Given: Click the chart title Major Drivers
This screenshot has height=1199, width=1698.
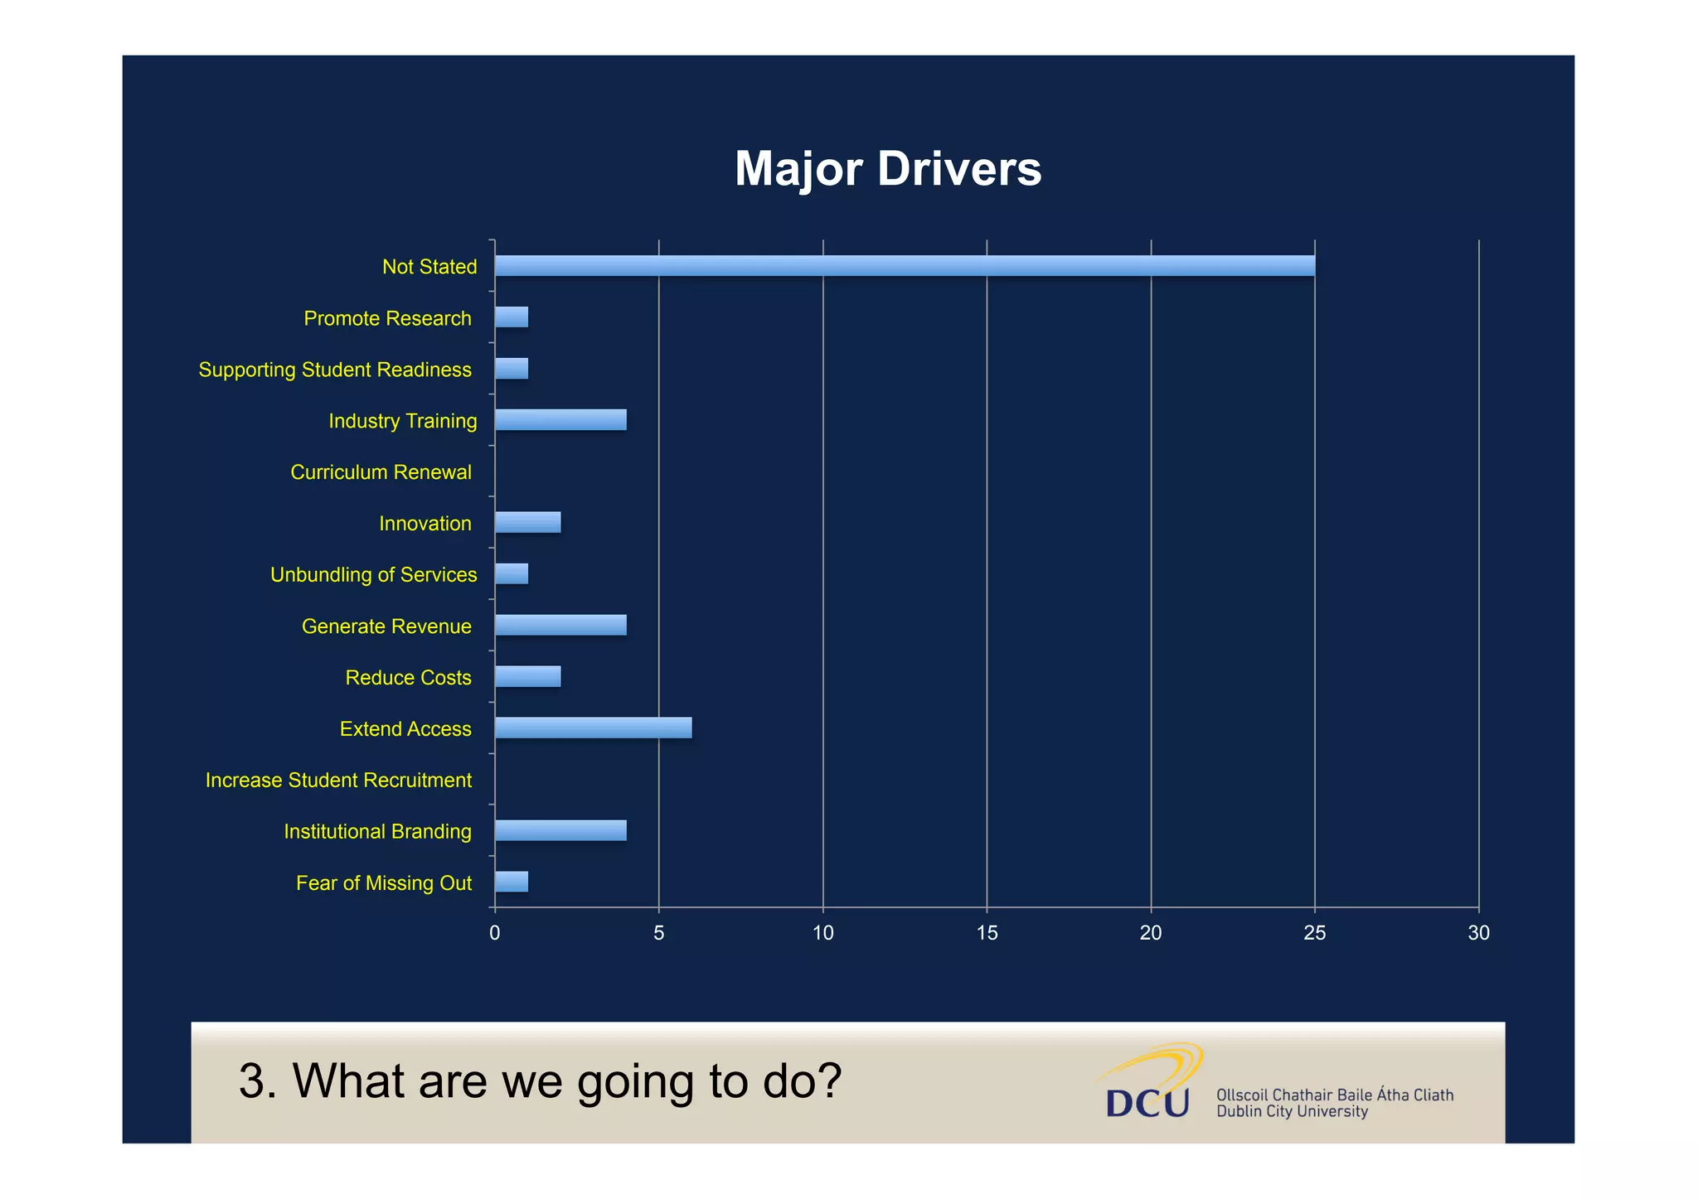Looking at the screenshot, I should (887, 169).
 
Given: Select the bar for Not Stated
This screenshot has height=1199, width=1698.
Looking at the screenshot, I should (904, 266).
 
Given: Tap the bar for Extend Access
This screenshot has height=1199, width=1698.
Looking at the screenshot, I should (593, 728).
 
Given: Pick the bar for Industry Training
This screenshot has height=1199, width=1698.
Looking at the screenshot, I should (560, 420).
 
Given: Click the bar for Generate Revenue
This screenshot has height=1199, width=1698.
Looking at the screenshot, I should (560, 626).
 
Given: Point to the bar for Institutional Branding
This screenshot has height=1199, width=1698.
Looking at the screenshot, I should (560, 830).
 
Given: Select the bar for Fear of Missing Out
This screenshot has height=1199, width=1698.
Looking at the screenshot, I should (512, 882).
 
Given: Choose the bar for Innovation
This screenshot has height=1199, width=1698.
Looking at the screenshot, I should (527, 523).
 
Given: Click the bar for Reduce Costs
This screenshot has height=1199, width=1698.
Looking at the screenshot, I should (527, 677).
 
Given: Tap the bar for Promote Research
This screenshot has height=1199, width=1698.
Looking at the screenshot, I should (512, 317).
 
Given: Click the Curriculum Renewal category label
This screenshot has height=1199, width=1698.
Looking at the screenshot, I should (381, 472).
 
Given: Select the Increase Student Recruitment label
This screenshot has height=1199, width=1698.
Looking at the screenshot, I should (338, 781).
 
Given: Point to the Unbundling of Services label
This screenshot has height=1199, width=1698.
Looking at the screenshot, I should (373, 575).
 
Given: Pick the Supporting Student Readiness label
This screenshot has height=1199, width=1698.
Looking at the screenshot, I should (335, 370).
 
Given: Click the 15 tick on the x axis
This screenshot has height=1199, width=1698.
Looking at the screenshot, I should (987, 933).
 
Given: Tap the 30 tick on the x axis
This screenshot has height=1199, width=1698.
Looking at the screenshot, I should (1478, 933).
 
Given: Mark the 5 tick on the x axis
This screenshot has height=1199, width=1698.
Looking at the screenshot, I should (658, 933).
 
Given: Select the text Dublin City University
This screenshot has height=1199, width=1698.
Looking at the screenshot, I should (1291, 1112).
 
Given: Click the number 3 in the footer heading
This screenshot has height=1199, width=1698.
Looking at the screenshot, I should (252, 1081).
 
